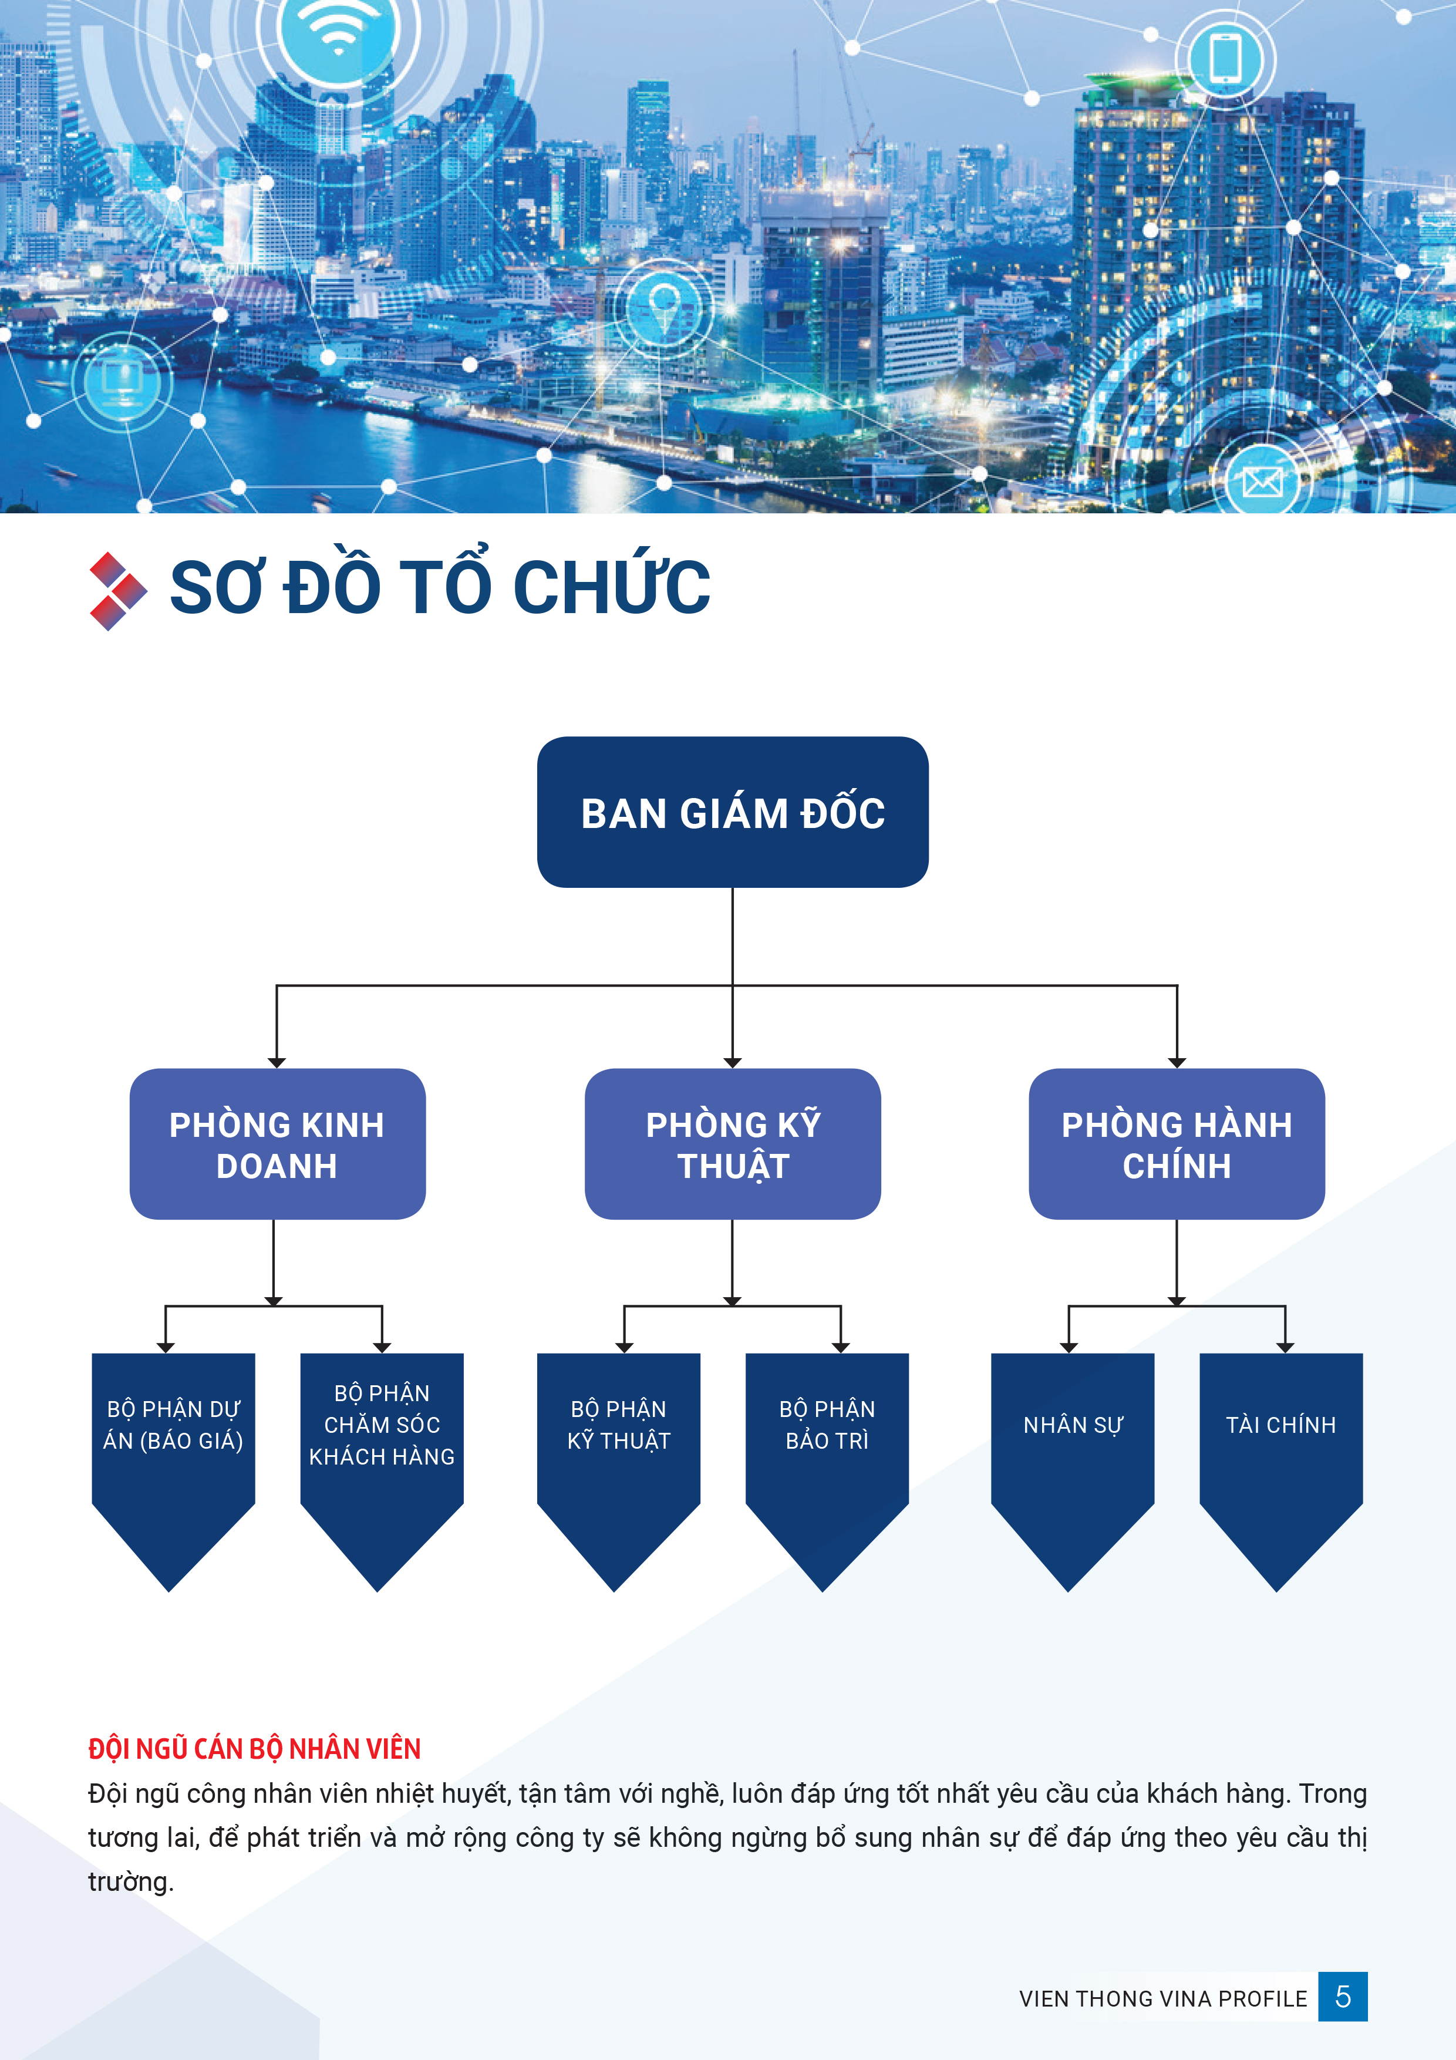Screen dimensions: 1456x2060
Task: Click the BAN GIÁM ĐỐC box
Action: coord(732,812)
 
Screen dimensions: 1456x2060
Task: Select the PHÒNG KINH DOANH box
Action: coord(277,1143)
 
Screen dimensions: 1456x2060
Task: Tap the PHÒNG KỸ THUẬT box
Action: coord(732,1143)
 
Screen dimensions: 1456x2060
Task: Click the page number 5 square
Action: coord(1342,1997)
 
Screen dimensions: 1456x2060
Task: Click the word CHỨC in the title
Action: coord(612,587)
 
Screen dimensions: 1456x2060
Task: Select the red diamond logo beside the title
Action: coord(117,591)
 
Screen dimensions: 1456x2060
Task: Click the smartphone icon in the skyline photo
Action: coord(1225,58)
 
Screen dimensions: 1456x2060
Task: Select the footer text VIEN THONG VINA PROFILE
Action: coord(1162,1999)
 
